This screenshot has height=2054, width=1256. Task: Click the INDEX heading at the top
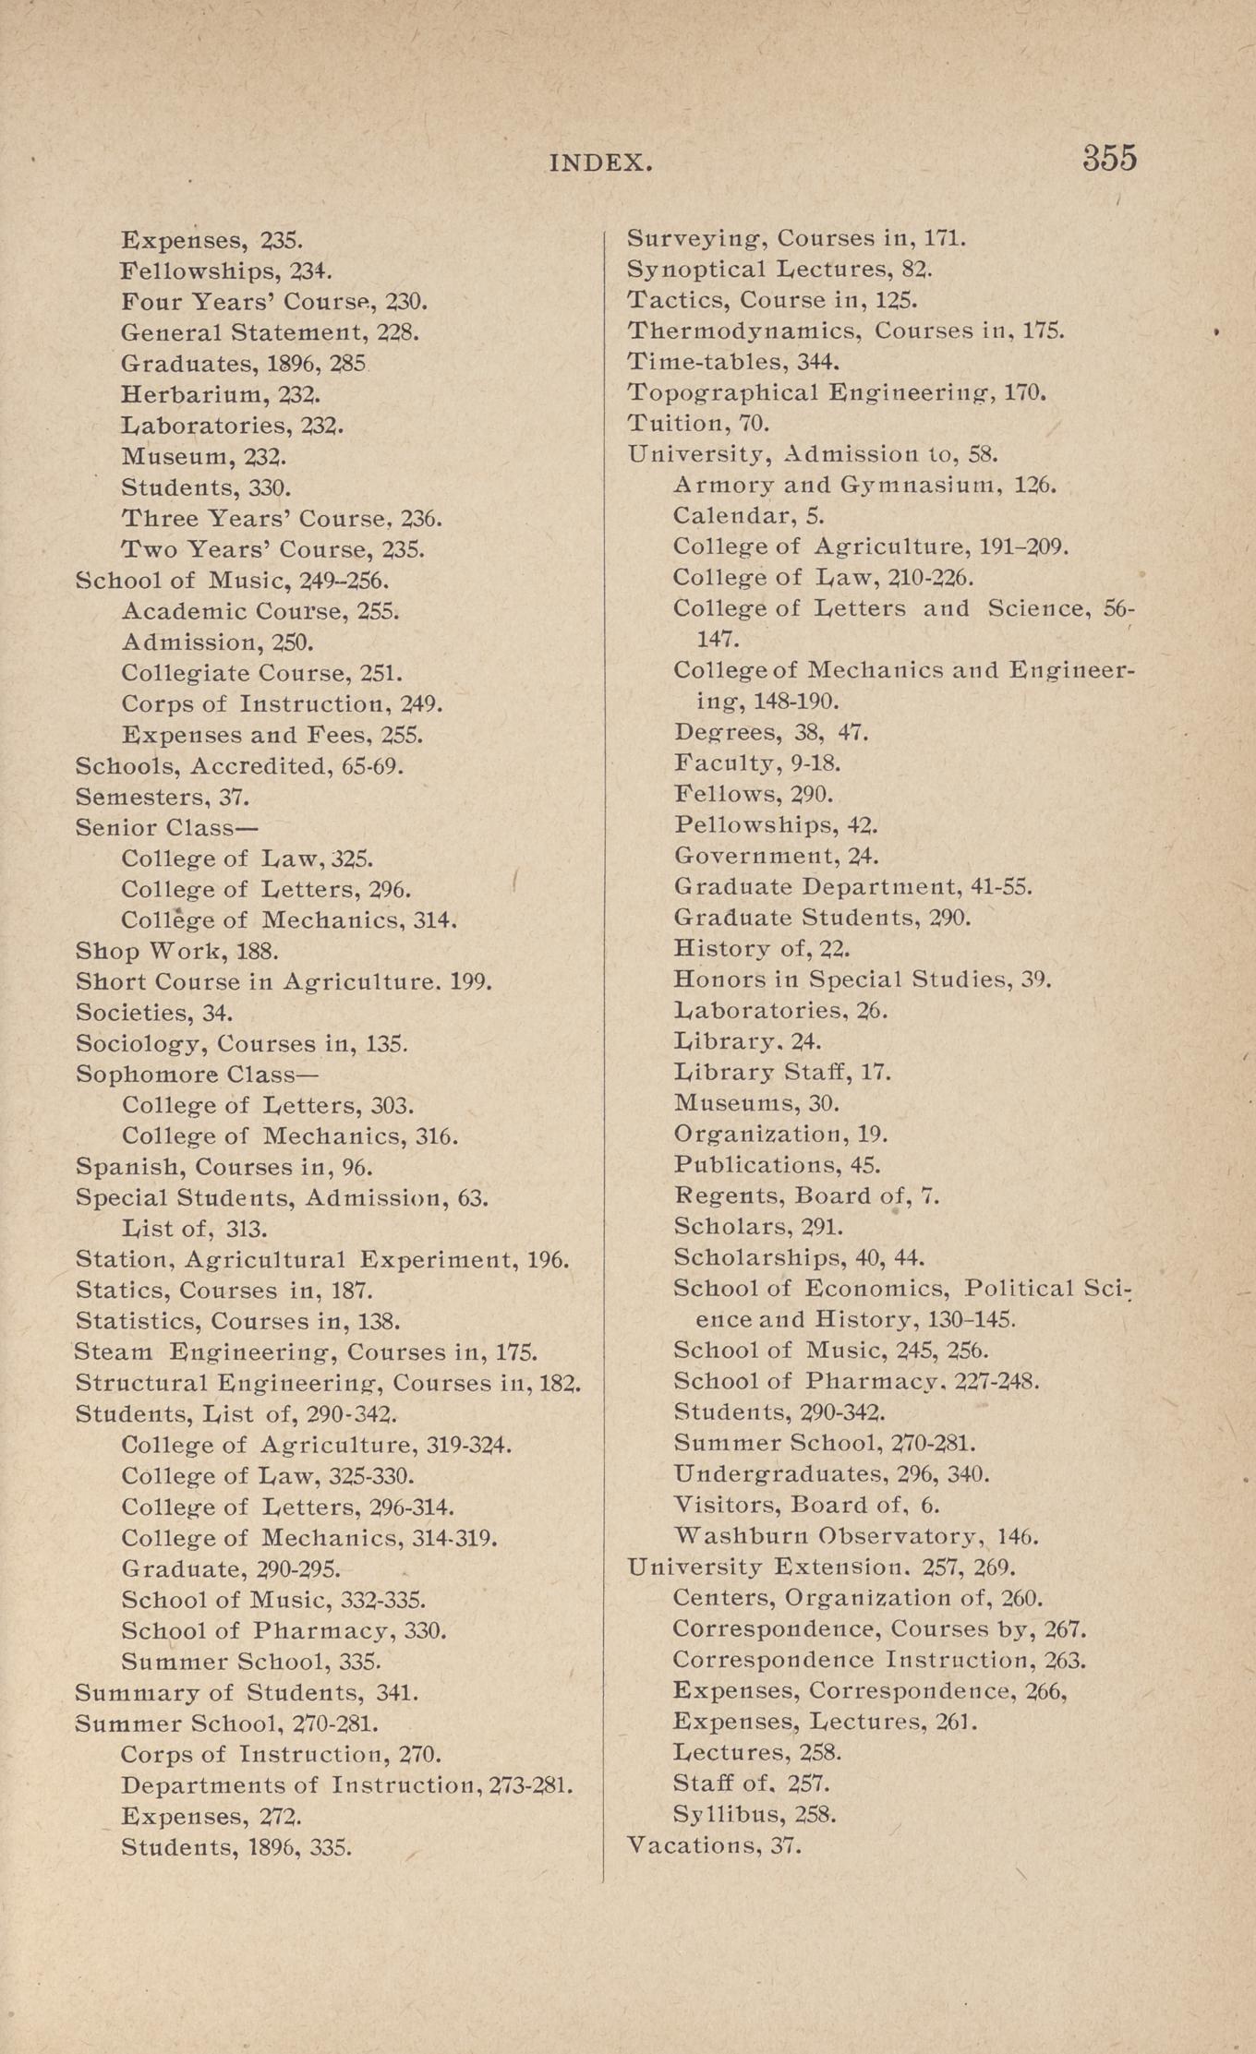(601, 163)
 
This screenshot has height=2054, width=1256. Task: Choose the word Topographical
(722, 393)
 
